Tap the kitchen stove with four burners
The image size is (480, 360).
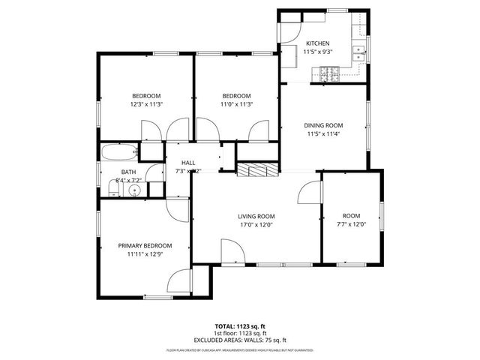coord(329,73)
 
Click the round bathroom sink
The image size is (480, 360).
coord(135,190)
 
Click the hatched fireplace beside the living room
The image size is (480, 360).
coord(256,170)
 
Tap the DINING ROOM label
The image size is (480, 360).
coord(323,125)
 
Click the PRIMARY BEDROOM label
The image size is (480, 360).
coord(145,245)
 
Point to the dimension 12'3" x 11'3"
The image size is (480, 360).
coord(146,104)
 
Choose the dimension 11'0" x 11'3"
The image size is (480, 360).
coord(236,104)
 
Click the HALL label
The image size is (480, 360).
coord(187,163)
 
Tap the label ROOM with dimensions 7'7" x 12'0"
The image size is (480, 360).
coord(351,215)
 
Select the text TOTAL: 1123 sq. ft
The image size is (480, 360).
coord(240,326)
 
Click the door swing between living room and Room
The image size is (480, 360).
coord(309,192)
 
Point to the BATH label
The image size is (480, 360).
coord(128,172)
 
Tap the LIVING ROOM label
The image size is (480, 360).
coord(256,216)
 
